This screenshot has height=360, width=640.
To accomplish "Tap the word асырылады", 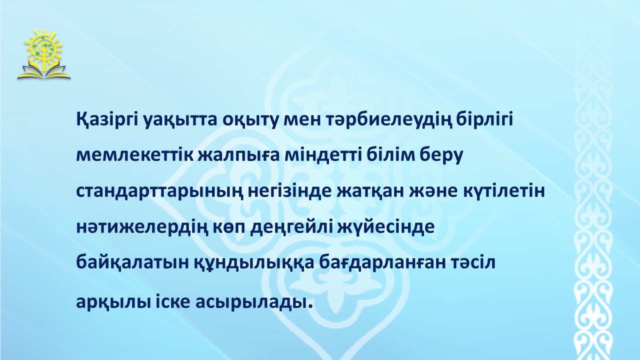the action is coord(253,302).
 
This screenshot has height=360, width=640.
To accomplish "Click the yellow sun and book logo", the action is coord(43,54).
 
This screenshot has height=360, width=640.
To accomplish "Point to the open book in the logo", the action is coord(43,72).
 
